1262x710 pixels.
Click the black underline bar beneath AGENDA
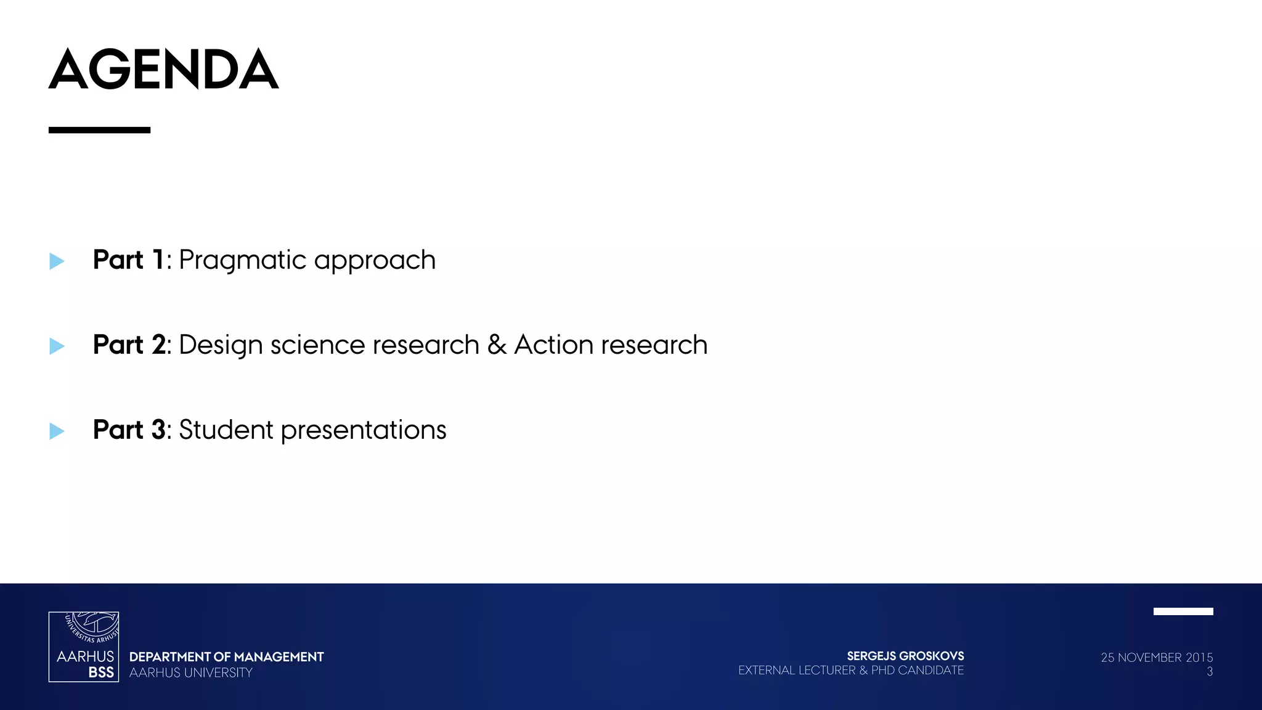(x=99, y=130)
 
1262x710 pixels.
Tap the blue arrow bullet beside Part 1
(x=57, y=261)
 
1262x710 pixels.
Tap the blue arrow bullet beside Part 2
(x=57, y=346)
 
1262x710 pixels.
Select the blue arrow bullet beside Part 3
(x=57, y=431)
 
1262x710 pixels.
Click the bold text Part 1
(x=128, y=260)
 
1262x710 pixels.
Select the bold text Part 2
(x=129, y=345)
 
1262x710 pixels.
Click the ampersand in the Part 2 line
(x=497, y=345)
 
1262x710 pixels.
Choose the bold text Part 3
(x=129, y=430)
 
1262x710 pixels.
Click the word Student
(x=226, y=430)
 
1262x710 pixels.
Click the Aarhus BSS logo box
(x=84, y=647)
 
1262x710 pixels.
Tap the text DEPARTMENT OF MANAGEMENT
(x=226, y=657)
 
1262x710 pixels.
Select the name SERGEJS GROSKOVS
(x=905, y=656)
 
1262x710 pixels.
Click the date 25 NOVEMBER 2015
(x=1157, y=658)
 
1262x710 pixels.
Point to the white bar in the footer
(x=1183, y=611)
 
